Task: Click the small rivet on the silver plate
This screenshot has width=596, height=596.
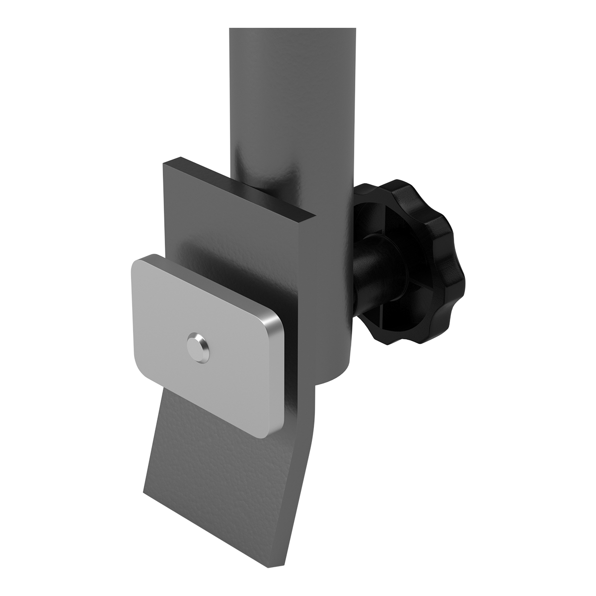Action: pyautogui.click(x=197, y=345)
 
